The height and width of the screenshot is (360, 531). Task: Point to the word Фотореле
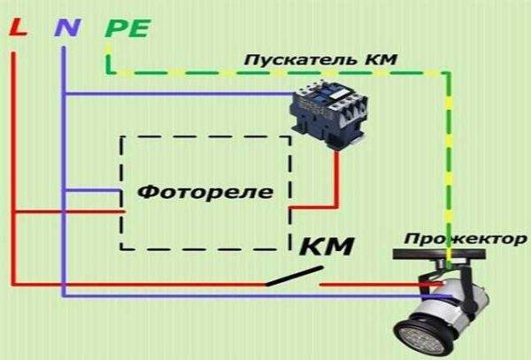[206, 191]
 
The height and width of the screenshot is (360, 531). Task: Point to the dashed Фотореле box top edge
[206, 136]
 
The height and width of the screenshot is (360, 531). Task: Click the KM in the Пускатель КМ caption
[381, 60]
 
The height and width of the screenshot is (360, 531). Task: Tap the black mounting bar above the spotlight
[442, 256]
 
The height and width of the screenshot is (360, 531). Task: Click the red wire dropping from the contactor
[337, 177]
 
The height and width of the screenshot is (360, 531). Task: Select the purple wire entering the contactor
[177, 94]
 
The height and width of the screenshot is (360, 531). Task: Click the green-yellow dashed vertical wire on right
[450, 159]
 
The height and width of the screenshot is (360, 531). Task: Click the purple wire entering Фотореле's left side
[93, 190]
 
